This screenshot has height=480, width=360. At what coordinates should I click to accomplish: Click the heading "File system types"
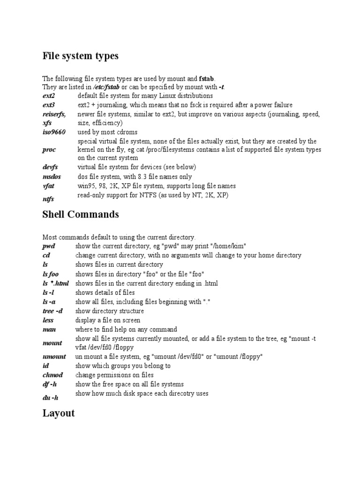80,56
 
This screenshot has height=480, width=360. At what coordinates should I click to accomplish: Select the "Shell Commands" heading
81,215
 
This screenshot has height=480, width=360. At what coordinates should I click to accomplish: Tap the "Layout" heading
59,413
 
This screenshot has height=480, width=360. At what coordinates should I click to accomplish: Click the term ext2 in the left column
49,96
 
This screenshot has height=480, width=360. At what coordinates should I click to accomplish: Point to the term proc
49,150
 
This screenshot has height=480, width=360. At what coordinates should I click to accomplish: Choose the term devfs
50,167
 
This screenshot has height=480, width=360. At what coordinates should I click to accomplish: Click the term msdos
52,177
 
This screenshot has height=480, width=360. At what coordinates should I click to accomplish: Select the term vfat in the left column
48,186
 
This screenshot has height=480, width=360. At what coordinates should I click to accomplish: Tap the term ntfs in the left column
48,199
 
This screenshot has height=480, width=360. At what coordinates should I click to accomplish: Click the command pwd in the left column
49,246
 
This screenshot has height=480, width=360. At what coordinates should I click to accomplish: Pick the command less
48,320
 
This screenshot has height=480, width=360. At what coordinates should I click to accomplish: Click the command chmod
52,375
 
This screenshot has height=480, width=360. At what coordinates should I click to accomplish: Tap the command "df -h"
50,384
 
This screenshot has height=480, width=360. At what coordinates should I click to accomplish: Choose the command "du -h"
50,397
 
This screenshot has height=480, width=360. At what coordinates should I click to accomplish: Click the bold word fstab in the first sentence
207,78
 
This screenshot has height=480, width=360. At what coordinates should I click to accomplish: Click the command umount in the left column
54,356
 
